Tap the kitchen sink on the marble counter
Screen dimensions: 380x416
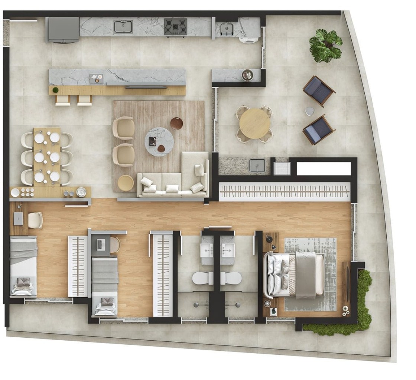pos(124,26)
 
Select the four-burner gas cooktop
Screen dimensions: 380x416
pos(175,27)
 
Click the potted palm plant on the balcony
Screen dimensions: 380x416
pos(326,45)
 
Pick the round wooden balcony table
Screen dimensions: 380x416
pos(255,124)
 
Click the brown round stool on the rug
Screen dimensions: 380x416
pos(176,123)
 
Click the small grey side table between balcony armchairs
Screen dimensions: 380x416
pos(309,111)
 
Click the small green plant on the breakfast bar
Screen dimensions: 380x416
pos(55,90)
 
